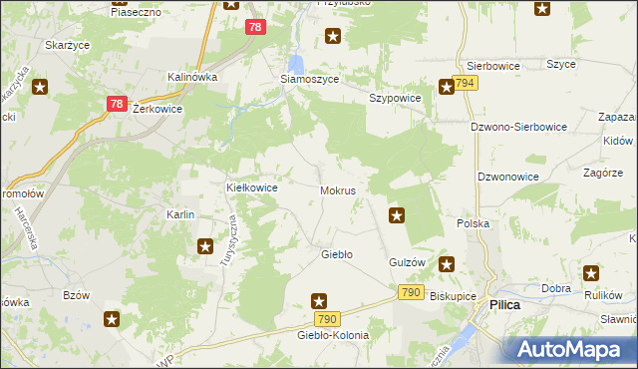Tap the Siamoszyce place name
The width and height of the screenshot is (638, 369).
309,79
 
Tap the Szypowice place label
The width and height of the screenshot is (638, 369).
396,99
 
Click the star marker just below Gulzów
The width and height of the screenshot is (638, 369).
448,265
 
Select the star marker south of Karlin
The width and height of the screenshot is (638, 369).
205,246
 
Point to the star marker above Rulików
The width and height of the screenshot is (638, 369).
592,272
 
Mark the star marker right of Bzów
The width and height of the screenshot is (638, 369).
113,319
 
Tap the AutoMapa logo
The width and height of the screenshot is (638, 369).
570,348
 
